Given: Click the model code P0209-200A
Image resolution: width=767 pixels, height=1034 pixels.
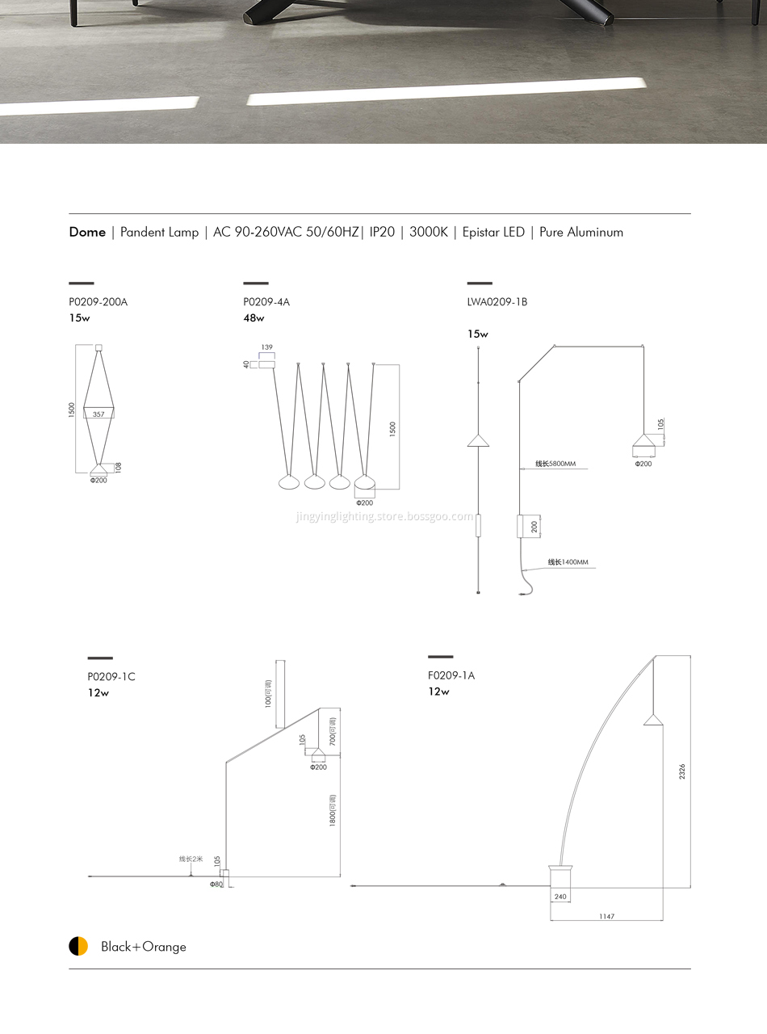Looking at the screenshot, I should pyautogui.click(x=98, y=302).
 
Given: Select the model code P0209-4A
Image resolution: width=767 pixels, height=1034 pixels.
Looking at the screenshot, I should pyautogui.click(x=266, y=302).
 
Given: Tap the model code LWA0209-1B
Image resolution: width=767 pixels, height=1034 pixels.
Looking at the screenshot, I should pyautogui.click(x=497, y=302).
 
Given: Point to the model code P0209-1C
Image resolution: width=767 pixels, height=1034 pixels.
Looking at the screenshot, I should pyautogui.click(x=111, y=676).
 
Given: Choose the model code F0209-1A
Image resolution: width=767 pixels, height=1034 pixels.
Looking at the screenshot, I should pyautogui.click(x=451, y=675).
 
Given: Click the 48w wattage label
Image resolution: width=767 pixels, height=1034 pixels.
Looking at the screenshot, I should pyautogui.click(x=254, y=318).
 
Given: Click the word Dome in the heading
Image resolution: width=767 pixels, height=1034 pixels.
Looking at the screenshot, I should pyautogui.click(x=87, y=232).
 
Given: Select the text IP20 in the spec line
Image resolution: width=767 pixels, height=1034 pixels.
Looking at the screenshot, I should pyautogui.click(x=382, y=232).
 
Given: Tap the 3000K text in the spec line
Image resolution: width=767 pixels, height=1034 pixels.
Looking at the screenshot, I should pyautogui.click(x=428, y=232).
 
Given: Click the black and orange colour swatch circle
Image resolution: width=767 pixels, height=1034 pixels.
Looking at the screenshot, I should pyautogui.click(x=78, y=946).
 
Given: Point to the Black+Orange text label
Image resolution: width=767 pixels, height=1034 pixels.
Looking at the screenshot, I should pyautogui.click(x=143, y=947).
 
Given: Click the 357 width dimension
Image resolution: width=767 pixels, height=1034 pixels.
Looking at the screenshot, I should pyautogui.click(x=98, y=414).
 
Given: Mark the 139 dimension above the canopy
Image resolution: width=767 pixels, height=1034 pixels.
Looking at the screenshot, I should pyautogui.click(x=267, y=347).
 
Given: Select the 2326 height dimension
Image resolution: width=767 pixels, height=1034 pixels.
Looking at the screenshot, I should pyautogui.click(x=682, y=771).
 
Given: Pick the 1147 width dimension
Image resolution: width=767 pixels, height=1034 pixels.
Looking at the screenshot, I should pyautogui.click(x=606, y=916).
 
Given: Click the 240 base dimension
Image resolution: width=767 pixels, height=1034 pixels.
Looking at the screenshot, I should pyautogui.click(x=560, y=897).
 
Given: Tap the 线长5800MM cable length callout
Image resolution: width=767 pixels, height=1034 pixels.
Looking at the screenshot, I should pyautogui.click(x=555, y=464).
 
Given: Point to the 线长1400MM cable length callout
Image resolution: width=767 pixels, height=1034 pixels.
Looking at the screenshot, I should pyautogui.click(x=568, y=562).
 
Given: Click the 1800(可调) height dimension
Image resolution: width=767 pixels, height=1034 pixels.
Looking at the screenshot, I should pyautogui.click(x=333, y=811).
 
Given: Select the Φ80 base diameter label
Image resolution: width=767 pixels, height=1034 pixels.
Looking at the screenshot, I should pyautogui.click(x=216, y=885).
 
